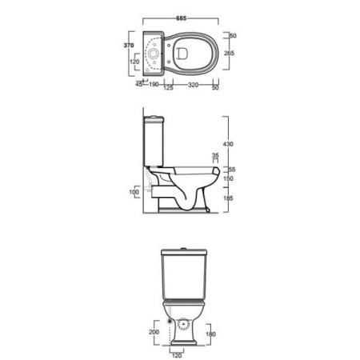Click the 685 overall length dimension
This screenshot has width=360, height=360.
181,18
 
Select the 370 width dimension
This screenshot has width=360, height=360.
129,46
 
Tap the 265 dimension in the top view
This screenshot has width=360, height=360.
229,53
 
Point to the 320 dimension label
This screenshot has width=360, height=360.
193,85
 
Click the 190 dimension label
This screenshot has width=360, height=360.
154,85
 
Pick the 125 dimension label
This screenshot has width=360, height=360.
168,87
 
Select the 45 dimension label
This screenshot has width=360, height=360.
139,84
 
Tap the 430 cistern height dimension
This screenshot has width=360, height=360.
228,144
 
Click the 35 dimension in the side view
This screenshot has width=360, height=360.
215,155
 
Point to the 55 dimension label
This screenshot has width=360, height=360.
232,170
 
